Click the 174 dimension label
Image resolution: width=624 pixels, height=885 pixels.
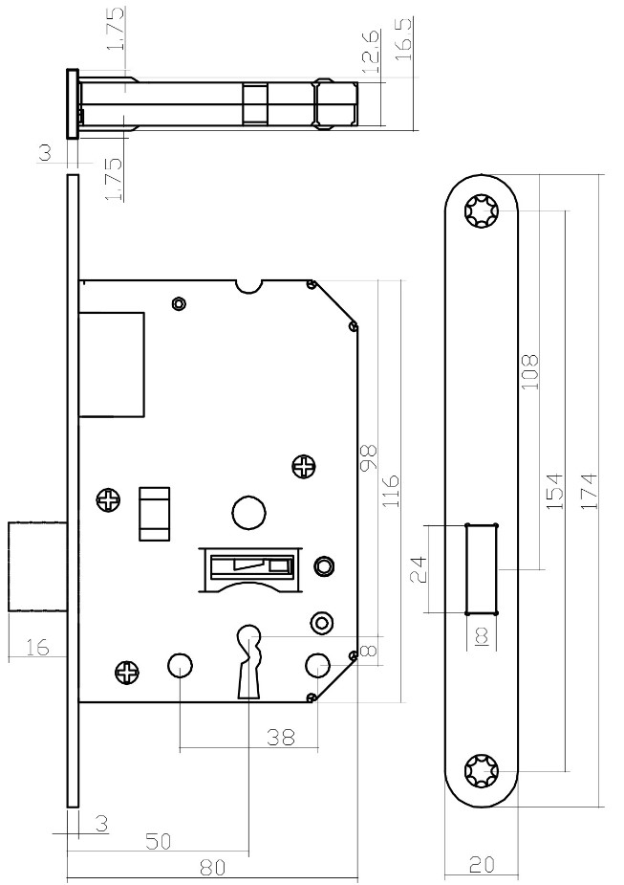coord(588,492)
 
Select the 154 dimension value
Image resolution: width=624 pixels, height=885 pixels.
coord(556,491)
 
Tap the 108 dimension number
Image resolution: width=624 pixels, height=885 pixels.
coord(529,371)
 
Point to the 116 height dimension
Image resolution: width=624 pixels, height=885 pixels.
coord(390,490)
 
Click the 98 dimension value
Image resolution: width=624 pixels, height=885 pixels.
coord(369,457)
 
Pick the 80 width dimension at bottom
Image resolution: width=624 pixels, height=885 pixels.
coord(212,867)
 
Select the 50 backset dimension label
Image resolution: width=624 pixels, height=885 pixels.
coord(159,842)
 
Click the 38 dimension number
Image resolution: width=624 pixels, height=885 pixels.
coord(281,737)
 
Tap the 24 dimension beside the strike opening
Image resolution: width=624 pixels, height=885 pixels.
coord(419,569)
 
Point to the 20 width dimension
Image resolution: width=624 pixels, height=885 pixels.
coord(482,864)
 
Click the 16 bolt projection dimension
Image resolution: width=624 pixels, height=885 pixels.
coord(37,648)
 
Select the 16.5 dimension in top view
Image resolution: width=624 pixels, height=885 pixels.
coord(404,39)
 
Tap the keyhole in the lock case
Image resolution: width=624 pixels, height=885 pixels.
coord(248,661)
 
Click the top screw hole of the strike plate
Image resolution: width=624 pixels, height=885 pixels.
coord(482,211)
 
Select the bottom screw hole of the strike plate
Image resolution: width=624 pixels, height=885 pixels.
coord(482,770)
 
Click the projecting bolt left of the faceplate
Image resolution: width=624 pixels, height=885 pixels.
coord(38,566)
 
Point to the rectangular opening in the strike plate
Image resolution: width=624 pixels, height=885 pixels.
coord(482,569)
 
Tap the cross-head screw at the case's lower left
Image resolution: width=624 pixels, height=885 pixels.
coord(126,672)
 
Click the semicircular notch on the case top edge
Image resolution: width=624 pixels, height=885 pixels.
coord(248,287)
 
